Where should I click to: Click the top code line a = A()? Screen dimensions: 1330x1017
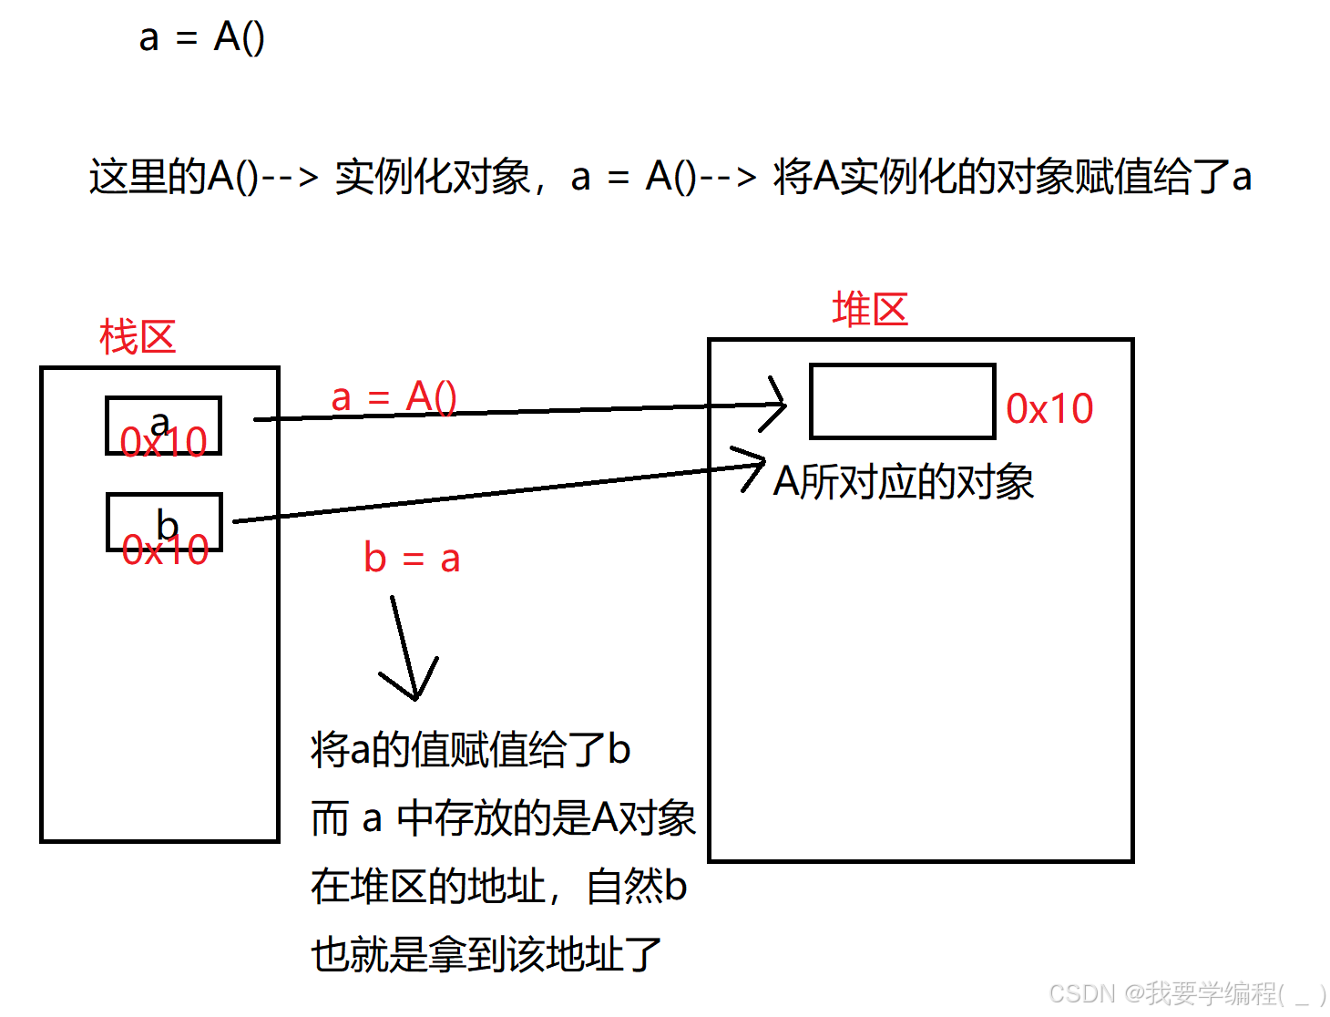tap(201, 38)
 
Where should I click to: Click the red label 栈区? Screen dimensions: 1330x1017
tap(138, 338)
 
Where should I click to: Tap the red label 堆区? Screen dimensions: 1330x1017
tap(870, 310)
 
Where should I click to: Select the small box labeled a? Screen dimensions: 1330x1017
tap(163, 425)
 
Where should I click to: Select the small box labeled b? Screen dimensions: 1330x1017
tap(164, 522)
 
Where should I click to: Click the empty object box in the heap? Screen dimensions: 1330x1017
tap(902, 402)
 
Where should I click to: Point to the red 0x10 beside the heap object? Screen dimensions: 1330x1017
tap(1049, 409)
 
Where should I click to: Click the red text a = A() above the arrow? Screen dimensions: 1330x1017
tap(394, 397)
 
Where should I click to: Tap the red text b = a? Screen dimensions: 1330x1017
tap(412, 559)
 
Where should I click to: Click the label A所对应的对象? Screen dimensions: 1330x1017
tap(903, 482)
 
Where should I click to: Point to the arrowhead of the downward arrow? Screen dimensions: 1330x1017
tap(414, 693)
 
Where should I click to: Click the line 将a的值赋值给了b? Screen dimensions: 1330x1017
tap(470, 750)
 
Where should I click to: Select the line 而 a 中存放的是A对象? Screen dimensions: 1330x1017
tap(503, 818)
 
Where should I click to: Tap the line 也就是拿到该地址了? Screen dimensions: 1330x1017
tap(486, 955)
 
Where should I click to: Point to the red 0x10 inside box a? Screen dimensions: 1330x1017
tap(164, 443)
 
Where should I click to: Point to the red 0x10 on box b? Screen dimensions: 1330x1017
tap(166, 550)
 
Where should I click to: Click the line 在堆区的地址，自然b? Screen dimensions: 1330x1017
tap(498, 887)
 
